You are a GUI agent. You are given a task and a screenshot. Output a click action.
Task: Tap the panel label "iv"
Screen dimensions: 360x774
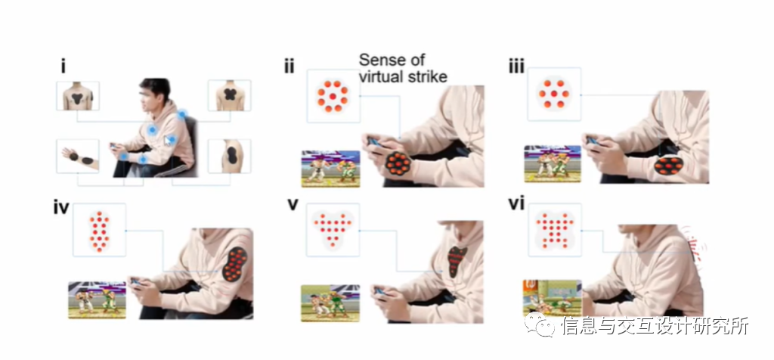(61, 207)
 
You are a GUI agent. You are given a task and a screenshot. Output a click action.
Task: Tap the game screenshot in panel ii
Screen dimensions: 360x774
(330, 168)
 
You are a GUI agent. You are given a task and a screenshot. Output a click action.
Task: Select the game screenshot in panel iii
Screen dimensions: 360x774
(553, 164)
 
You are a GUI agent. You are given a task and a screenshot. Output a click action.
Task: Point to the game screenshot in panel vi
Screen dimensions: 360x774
(552, 297)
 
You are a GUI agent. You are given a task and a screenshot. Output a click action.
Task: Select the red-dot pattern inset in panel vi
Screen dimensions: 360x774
(556, 229)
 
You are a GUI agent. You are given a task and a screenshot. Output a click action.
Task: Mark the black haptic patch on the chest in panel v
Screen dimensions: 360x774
(455, 260)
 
